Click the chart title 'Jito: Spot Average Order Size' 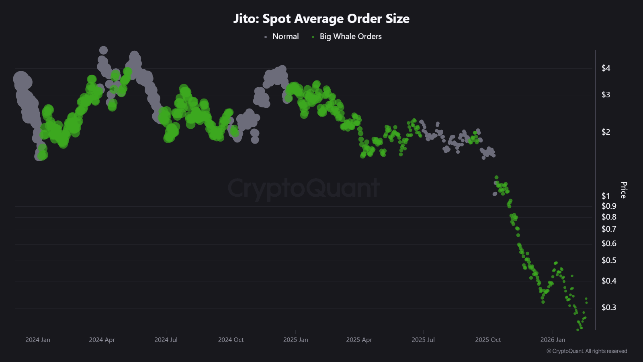point(321,19)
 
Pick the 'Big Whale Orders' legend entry point(350,37)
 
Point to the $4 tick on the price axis point(606,68)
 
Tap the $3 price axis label point(606,95)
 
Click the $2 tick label point(606,132)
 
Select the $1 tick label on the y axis point(606,196)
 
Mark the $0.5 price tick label point(608,261)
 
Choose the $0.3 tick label point(608,308)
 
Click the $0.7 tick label point(608,229)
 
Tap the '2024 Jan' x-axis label point(38,340)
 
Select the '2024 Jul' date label point(166,340)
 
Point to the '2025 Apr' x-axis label point(359,340)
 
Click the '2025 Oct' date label point(488,340)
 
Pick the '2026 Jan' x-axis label point(553,340)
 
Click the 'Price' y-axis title point(623,190)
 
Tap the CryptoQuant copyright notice point(587,351)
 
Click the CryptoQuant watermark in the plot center point(303,188)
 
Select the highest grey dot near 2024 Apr point(103,50)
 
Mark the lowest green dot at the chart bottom point(578,330)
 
